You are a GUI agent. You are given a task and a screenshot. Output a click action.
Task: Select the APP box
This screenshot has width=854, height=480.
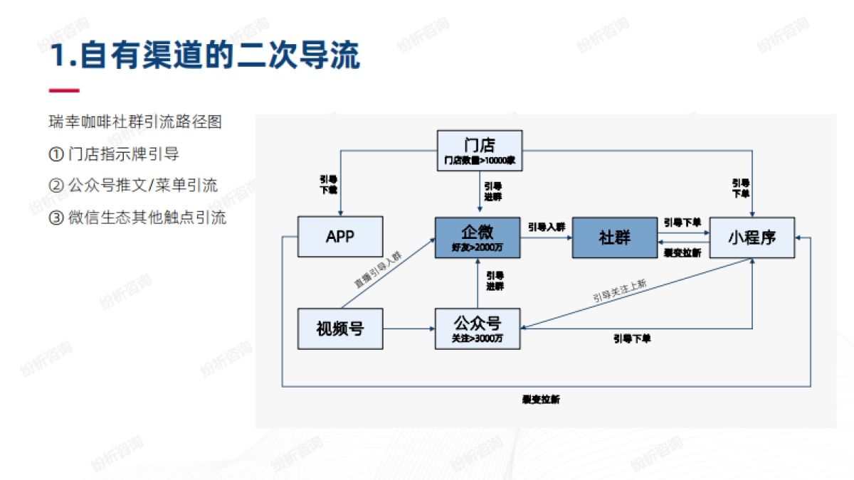[340, 237]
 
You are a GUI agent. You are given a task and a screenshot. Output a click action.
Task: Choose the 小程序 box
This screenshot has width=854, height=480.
[752, 238]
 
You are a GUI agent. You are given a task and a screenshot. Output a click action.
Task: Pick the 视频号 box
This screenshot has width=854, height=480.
[340, 329]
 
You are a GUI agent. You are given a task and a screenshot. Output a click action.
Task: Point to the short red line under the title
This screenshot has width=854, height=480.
[64, 90]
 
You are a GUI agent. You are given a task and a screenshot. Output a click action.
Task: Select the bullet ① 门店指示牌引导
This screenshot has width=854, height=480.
[114, 154]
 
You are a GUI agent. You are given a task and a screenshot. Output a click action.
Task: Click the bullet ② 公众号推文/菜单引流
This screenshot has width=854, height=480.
[133, 186]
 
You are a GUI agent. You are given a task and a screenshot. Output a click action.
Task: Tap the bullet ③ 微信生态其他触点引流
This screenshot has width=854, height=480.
[137, 218]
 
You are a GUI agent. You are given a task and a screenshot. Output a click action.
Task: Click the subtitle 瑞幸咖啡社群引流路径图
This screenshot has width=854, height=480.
[135, 122]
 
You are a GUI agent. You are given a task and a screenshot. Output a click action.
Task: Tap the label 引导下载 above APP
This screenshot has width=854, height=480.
[329, 185]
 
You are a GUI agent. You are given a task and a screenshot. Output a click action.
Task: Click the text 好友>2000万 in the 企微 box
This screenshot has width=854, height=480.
[478, 247]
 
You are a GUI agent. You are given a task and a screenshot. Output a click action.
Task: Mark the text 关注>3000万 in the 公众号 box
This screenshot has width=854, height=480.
[478, 338]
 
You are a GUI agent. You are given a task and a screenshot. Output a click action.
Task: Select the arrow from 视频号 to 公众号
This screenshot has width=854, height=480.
[408, 329]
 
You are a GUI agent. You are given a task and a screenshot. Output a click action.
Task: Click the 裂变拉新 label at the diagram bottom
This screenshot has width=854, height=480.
[541, 400]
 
